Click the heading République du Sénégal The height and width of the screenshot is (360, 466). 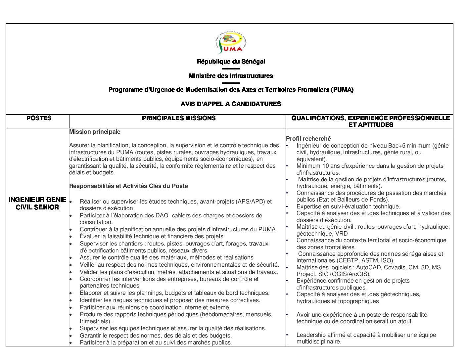231,62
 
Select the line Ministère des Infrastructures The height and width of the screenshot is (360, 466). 231,76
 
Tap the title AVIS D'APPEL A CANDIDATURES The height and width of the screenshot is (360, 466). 231,104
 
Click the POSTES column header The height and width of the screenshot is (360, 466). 39,118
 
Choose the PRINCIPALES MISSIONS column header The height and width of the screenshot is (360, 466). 178,118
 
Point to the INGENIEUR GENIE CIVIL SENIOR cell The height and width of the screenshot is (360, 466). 37,203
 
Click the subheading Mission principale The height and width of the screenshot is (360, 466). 95,132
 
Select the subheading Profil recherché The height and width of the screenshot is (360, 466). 308,139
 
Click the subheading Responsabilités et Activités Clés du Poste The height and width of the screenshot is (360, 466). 128,186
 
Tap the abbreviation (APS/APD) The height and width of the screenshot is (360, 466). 248,202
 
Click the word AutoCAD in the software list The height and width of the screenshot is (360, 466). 368,267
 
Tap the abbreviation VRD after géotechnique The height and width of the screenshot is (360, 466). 341,234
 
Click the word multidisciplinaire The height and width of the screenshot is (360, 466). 319,341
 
